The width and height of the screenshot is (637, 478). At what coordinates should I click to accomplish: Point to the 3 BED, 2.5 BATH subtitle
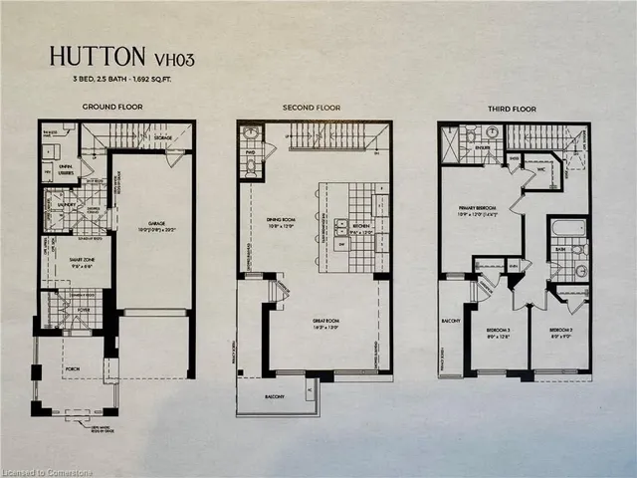(x=112, y=78)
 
